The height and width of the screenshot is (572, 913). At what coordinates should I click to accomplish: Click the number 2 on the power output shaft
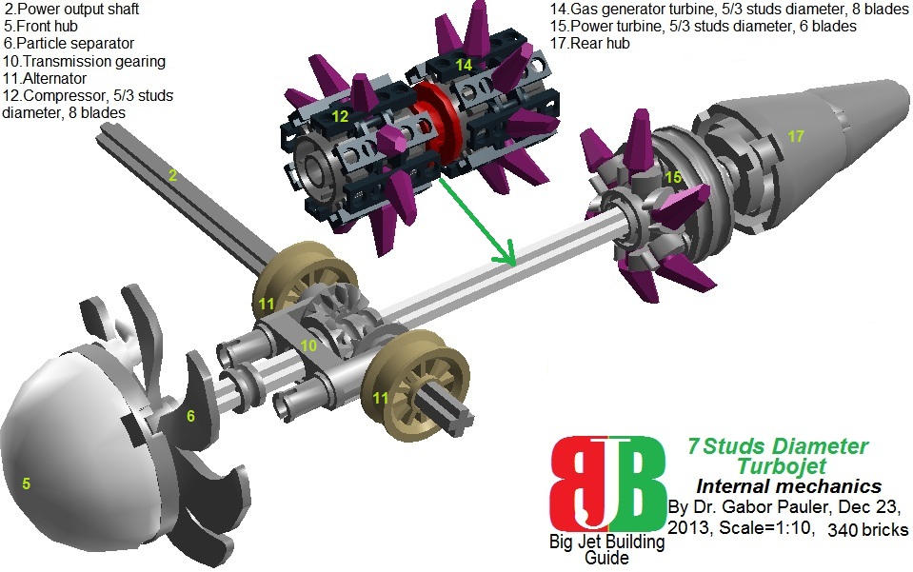(x=173, y=176)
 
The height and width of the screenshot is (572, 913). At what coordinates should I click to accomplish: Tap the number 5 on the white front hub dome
(x=27, y=483)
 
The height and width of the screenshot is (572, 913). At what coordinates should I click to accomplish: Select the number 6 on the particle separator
(x=190, y=416)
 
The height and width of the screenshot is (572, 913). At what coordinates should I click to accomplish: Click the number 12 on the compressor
(x=340, y=115)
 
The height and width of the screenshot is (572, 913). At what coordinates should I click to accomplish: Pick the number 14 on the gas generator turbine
(x=464, y=65)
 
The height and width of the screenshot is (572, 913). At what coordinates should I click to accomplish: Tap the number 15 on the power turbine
(x=673, y=177)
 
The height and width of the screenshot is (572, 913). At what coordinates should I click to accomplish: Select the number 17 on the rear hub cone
(x=796, y=137)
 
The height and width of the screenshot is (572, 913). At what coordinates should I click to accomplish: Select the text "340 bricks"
(x=868, y=528)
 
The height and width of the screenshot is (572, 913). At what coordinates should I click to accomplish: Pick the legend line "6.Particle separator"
(x=69, y=44)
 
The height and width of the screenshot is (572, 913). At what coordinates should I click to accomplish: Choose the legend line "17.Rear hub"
(x=590, y=43)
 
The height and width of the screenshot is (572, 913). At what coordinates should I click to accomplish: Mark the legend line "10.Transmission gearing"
(x=85, y=61)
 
